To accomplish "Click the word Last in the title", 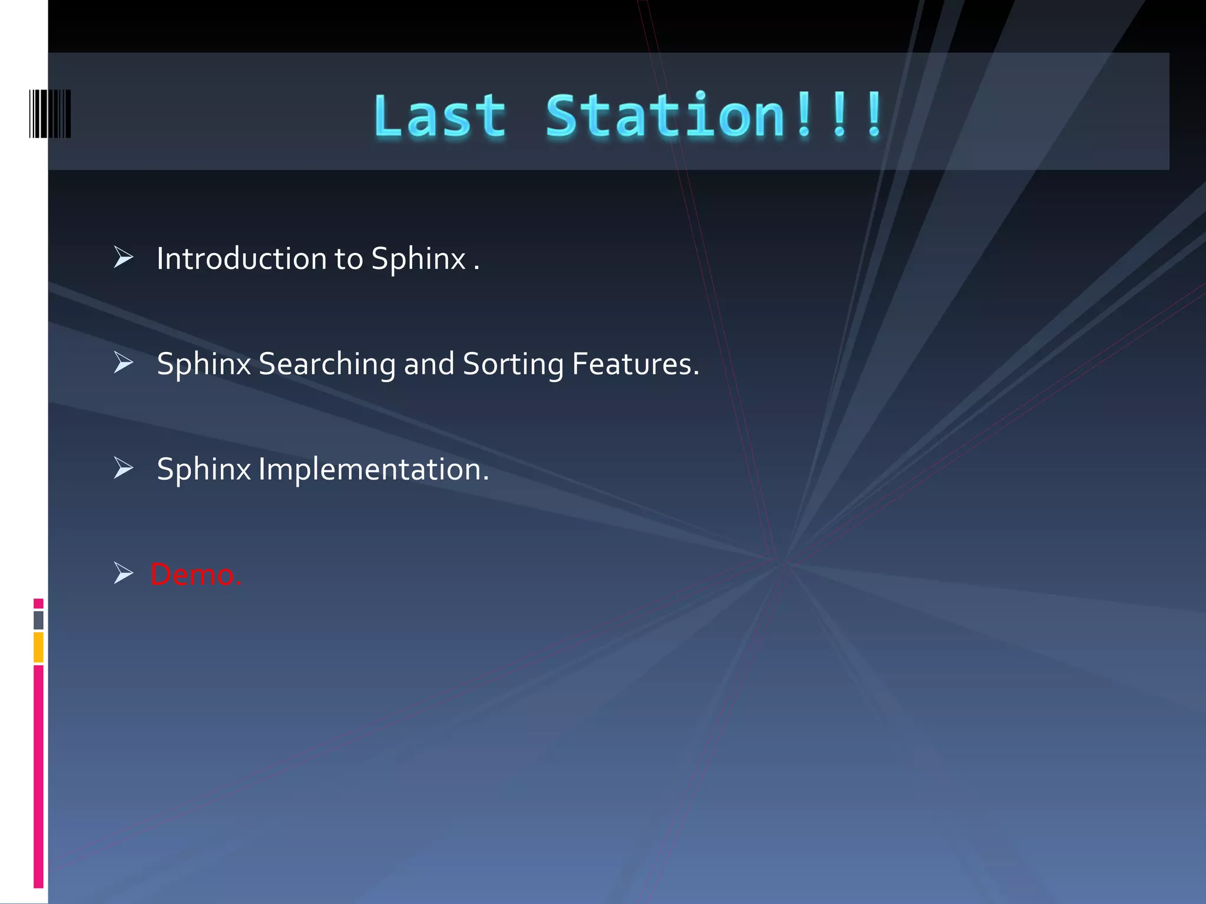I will pyautogui.click(x=439, y=116).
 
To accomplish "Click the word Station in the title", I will pyautogui.click(x=665, y=116).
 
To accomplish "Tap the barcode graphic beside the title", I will pyautogui.click(x=50, y=114).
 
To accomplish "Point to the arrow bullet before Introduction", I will pyautogui.click(x=123, y=257).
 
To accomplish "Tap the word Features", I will pyautogui.click(x=635, y=364).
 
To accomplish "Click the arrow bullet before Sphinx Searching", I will pyautogui.click(x=123, y=363).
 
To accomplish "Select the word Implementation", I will pyautogui.click(x=373, y=470).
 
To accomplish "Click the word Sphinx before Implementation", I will pyautogui.click(x=204, y=470).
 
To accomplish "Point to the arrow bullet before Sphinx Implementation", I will pyautogui.click(x=123, y=468).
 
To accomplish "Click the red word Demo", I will pyautogui.click(x=196, y=574).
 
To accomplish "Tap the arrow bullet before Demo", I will pyautogui.click(x=123, y=573).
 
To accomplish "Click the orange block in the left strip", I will pyautogui.click(x=38, y=647).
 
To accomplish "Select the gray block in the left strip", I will pyautogui.click(x=38, y=620).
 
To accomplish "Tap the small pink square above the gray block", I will pyautogui.click(x=38, y=603).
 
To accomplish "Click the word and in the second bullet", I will pyautogui.click(x=429, y=364).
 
